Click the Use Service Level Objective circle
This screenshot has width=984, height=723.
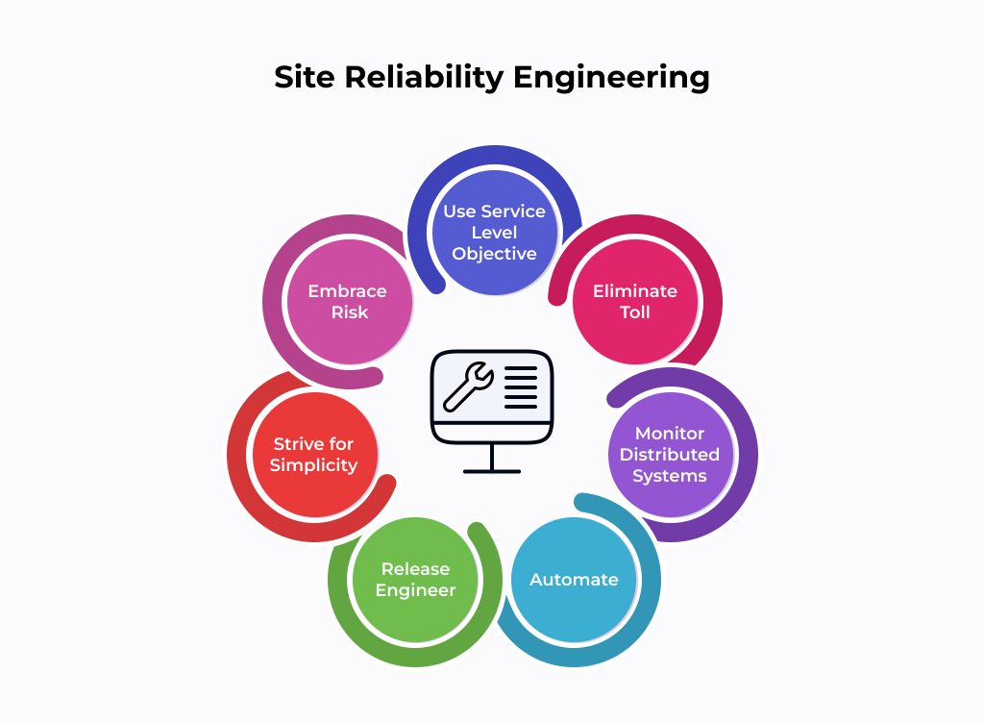[x=494, y=233]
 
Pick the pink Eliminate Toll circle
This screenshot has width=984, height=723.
[x=634, y=301]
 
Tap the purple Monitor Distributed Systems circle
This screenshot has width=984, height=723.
[x=670, y=454]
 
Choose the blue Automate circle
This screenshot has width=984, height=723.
[x=574, y=580]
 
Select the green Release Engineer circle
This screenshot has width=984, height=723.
[x=415, y=580]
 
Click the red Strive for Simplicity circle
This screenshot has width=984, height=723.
[x=313, y=454]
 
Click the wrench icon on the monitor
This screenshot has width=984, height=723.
[x=468, y=385]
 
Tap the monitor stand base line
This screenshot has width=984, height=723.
[x=492, y=471]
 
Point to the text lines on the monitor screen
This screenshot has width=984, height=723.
[x=522, y=387]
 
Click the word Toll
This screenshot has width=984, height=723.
[x=634, y=312]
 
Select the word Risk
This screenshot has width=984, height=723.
[x=350, y=312]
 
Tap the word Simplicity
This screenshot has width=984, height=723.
[x=313, y=465]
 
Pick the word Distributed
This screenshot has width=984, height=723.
[x=670, y=454]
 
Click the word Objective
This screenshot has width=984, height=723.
[x=494, y=254]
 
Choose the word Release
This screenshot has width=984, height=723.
[x=415, y=569]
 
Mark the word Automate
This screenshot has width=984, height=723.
[x=574, y=580]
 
